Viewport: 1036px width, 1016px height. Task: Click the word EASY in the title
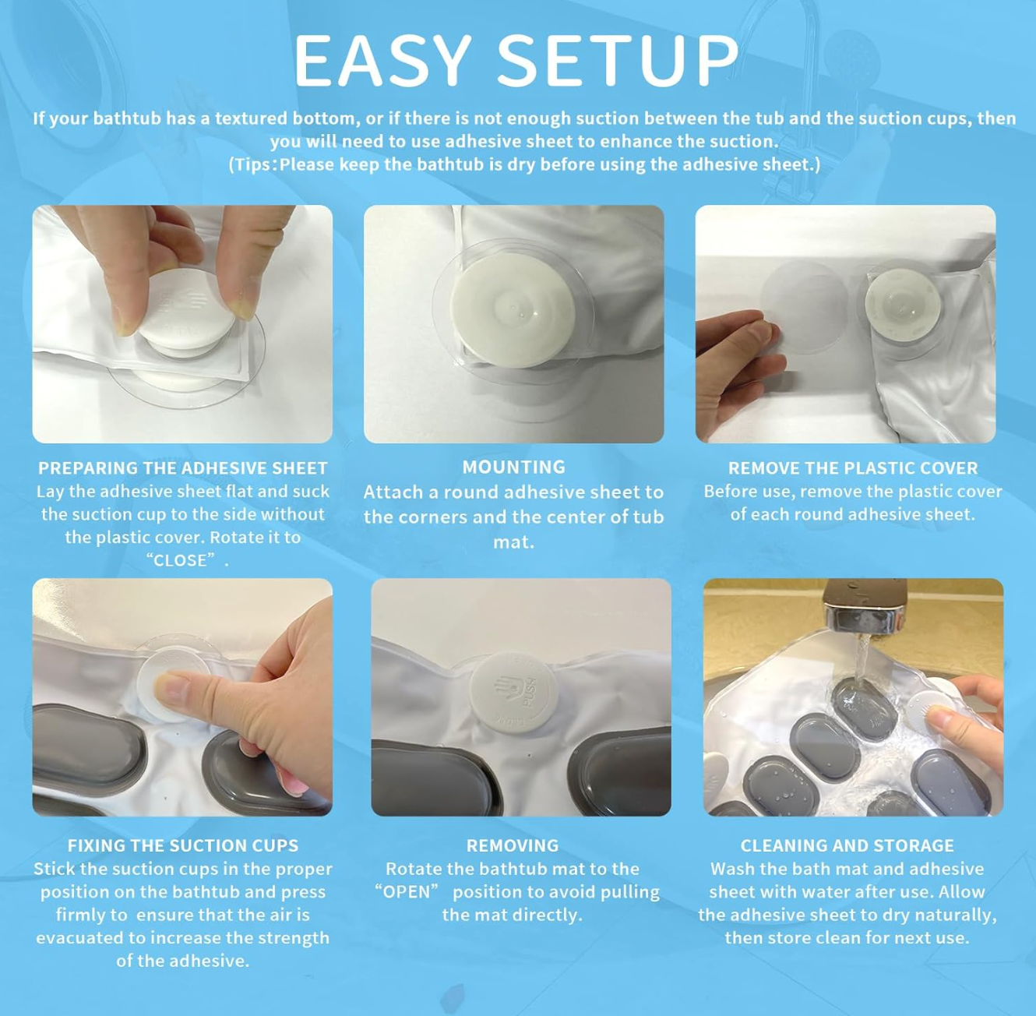tap(382, 61)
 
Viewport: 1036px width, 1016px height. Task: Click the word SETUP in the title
tap(618, 61)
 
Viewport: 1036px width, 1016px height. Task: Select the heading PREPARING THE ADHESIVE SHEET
tap(182, 468)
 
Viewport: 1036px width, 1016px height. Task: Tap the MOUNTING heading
tap(513, 467)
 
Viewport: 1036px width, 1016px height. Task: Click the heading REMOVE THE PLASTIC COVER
tap(852, 468)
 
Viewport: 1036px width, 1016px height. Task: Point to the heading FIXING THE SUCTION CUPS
tap(182, 845)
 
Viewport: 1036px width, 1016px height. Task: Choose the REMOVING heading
tap(512, 845)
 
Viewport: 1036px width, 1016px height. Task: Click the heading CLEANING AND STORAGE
tap(847, 845)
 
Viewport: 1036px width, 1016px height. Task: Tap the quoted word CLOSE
tap(180, 560)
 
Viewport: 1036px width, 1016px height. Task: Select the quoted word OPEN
tap(407, 891)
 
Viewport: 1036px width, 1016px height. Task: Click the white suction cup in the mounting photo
tap(513, 310)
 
